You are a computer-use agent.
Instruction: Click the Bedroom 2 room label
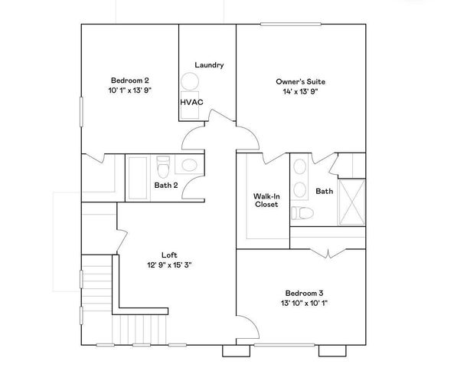129,80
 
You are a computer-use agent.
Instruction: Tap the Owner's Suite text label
296,80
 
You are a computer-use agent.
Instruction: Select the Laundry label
209,65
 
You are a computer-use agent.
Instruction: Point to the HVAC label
191,101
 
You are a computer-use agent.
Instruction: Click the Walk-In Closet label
266,200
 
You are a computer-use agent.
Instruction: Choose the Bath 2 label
166,185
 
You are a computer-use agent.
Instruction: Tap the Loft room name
169,255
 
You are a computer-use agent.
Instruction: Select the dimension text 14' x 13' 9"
296,91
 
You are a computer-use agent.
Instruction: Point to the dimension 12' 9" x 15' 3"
169,266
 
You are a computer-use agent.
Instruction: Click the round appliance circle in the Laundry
188,81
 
